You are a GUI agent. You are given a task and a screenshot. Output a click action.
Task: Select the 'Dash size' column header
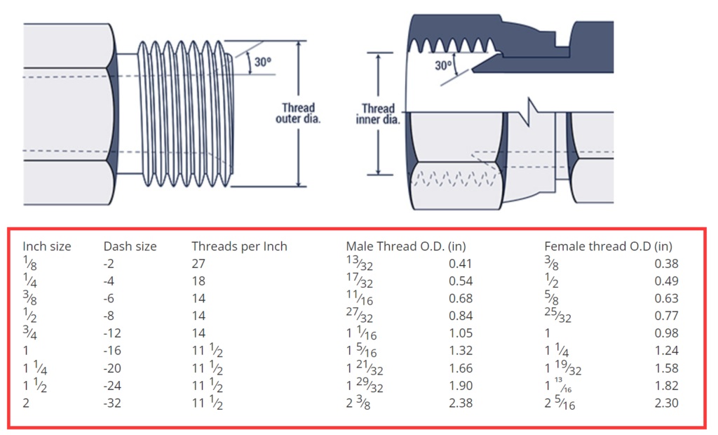pyautogui.click(x=130, y=246)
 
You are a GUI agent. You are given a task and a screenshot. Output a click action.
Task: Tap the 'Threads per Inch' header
pyautogui.click(x=239, y=246)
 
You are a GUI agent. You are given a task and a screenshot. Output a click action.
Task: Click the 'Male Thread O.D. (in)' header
pyautogui.click(x=406, y=246)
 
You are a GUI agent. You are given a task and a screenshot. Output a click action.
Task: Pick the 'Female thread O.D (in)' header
pyautogui.click(x=608, y=246)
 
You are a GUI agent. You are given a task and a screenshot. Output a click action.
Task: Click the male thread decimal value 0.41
pyautogui.click(x=461, y=264)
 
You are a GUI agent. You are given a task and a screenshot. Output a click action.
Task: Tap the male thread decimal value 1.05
pyautogui.click(x=461, y=333)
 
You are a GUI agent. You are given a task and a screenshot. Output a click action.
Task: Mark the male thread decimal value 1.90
pyautogui.click(x=461, y=385)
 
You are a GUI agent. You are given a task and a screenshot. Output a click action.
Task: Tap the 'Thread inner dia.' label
pyautogui.click(x=377, y=114)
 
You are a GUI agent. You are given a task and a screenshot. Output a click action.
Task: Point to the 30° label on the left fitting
pyautogui.click(x=262, y=62)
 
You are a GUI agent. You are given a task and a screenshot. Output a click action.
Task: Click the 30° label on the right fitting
pyautogui.click(x=443, y=65)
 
